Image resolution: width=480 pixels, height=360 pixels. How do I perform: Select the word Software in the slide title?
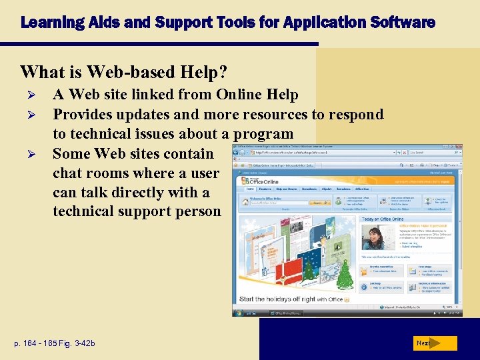pos(409,23)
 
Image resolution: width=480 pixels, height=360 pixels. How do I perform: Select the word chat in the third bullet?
pos(68,173)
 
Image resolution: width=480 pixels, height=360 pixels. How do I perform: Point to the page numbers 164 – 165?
pos(40,343)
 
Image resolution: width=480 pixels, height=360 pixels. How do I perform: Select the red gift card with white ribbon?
pos(293,272)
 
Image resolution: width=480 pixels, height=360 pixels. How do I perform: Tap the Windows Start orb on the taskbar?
pos(237,313)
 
